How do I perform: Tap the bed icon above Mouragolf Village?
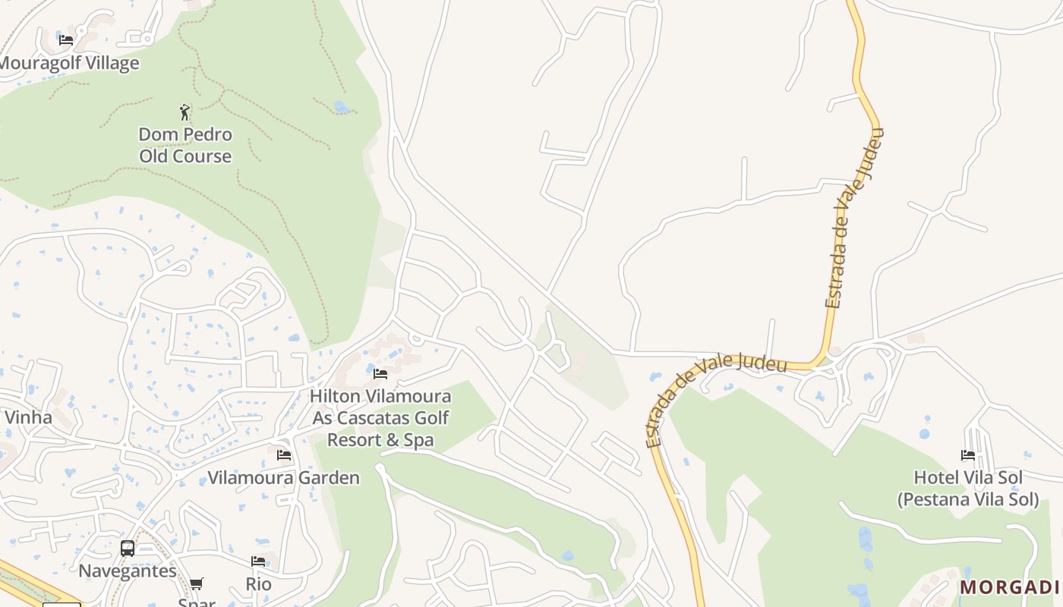pyautogui.click(x=66, y=40)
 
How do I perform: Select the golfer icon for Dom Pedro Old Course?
pyautogui.click(x=185, y=112)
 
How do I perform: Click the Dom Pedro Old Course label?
pyautogui.click(x=185, y=145)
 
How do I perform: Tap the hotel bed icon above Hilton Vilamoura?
pyautogui.click(x=380, y=374)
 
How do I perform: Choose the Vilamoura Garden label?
pyautogui.click(x=284, y=477)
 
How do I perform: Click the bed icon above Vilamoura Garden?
pyautogui.click(x=284, y=455)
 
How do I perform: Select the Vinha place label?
pyautogui.click(x=28, y=417)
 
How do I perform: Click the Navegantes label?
pyautogui.click(x=128, y=571)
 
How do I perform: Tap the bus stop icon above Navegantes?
pyautogui.click(x=128, y=548)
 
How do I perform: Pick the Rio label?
pyautogui.click(x=258, y=584)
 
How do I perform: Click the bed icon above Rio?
pyautogui.click(x=258, y=561)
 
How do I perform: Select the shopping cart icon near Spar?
pyautogui.click(x=197, y=583)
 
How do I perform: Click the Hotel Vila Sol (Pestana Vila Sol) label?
pyautogui.click(x=968, y=488)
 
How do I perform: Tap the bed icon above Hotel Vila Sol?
pyautogui.click(x=968, y=455)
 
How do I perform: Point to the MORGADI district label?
pyautogui.click(x=1010, y=587)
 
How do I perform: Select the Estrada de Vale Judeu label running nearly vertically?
pyautogui.click(x=855, y=218)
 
